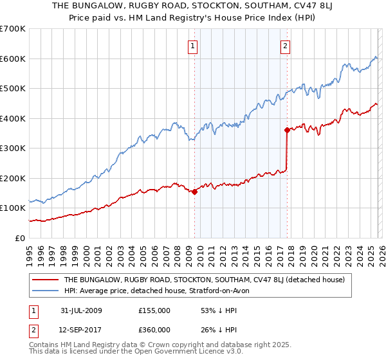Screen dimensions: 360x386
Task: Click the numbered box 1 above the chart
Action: (194, 45)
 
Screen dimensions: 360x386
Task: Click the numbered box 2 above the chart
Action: (285, 45)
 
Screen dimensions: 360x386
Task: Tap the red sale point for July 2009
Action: (194, 192)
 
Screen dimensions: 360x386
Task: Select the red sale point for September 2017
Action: (287, 130)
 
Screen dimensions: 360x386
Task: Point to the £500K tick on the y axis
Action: (13, 89)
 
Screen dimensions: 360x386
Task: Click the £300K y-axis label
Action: (13, 148)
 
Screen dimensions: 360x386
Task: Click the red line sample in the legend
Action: (46, 280)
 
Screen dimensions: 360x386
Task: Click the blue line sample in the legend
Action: (46, 291)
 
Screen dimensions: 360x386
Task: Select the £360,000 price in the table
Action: (154, 330)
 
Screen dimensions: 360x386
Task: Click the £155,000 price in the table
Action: (154, 310)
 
